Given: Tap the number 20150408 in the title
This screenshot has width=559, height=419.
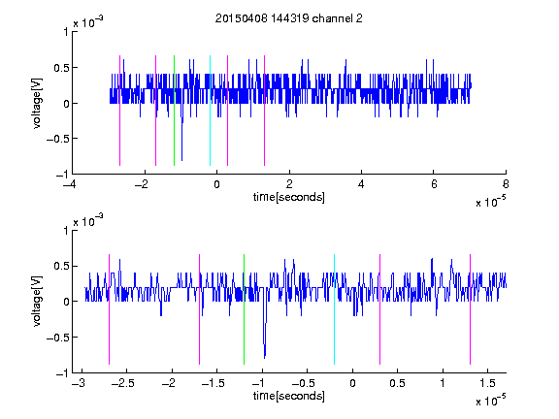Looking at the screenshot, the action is tap(241, 18).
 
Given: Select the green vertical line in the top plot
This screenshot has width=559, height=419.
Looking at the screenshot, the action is tap(174, 111).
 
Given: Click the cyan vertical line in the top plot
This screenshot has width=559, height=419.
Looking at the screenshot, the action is tap(210, 111).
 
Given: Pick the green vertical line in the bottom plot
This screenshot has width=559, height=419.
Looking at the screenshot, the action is tap(244, 309).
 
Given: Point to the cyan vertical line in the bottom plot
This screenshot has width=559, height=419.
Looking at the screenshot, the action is tap(334, 309).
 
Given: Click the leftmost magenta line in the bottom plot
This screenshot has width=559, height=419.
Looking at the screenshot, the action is tap(109, 309).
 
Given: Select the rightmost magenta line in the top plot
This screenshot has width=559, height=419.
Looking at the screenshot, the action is tap(264, 111).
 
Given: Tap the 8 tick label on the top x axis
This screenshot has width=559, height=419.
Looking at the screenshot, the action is tap(506, 184).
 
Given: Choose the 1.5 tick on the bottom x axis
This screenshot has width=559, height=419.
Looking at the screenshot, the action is tap(487, 383).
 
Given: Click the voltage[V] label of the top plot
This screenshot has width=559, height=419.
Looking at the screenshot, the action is tap(37, 103).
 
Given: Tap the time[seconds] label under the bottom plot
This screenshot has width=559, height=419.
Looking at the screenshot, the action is tap(289, 396).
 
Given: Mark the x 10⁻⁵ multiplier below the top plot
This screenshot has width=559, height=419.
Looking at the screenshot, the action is tap(490, 201).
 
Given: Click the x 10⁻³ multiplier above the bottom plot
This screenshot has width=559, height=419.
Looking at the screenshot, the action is tap(88, 220).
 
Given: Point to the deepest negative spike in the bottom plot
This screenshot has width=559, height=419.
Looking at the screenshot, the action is tap(265, 357).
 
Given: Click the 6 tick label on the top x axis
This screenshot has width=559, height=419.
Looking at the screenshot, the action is tap(434, 184).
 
